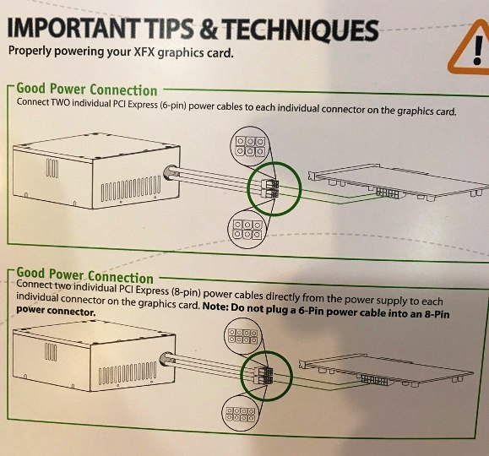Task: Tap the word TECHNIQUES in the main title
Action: (x=302, y=30)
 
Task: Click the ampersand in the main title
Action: (x=209, y=29)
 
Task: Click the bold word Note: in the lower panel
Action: (x=215, y=307)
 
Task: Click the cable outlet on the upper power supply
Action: (x=170, y=173)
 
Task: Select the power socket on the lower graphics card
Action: (x=375, y=380)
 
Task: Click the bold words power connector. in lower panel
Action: (x=56, y=311)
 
